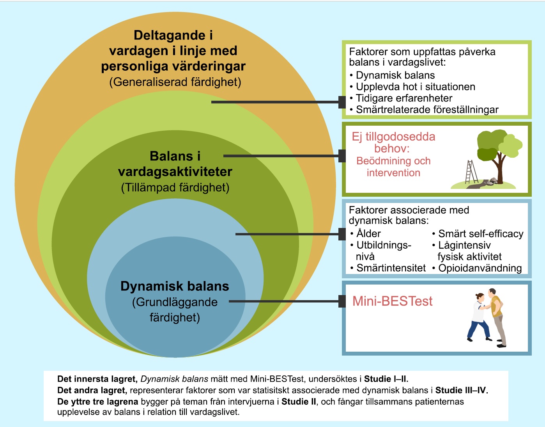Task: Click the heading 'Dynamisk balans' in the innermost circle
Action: click(x=175, y=286)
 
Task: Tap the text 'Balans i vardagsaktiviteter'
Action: click(x=175, y=164)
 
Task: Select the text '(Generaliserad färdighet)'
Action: click(x=175, y=82)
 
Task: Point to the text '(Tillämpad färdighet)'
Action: click(x=175, y=188)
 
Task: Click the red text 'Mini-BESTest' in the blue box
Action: click(x=392, y=301)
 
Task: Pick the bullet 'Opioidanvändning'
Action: click(x=480, y=268)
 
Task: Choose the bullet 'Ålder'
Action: click(x=368, y=233)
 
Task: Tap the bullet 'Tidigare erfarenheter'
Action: click(x=404, y=98)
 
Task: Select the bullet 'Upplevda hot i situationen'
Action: click(x=415, y=87)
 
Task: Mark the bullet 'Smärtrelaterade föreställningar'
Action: click(x=427, y=110)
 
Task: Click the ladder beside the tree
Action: click(x=471, y=172)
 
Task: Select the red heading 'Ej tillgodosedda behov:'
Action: click(x=393, y=142)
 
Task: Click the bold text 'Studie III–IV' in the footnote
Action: click(x=461, y=390)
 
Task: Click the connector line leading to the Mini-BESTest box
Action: click(x=285, y=301)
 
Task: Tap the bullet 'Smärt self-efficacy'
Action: click(x=481, y=234)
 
